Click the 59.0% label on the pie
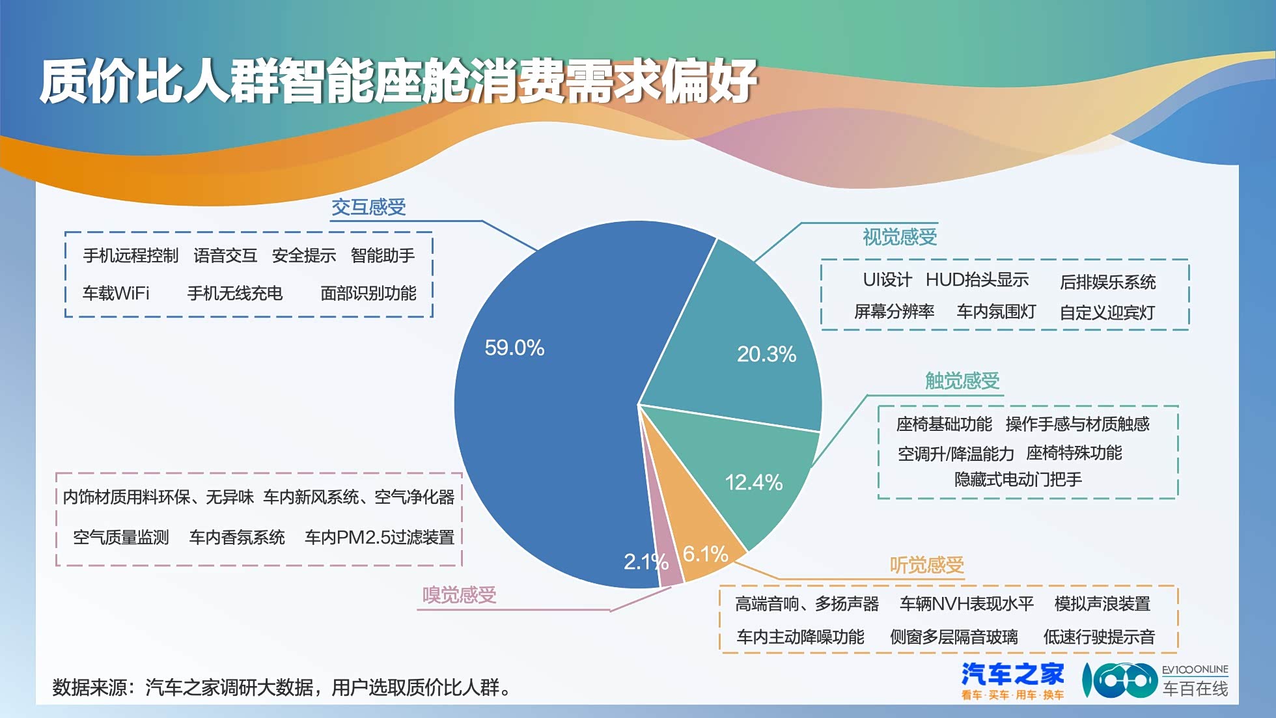[x=514, y=348]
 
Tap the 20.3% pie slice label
[x=766, y=354]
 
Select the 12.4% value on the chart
[x=753, y=482]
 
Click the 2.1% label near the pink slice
[x=646, y=561]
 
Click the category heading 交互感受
[x=368, y=207]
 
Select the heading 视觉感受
[x=900, y=237]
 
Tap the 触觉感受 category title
[x=962, y=381]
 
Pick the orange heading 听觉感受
[x=926, y=565]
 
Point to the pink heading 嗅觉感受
[x=459, y=595]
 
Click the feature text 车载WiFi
[x=116, y=294]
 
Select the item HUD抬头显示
[x=977, y=280]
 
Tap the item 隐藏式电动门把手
[x=1018, y=480]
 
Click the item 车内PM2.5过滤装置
[x=380, y=538]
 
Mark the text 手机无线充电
[x=235, y=294]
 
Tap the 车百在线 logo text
[x=1195, y=688]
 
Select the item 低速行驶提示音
[x=1099, y=637]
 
